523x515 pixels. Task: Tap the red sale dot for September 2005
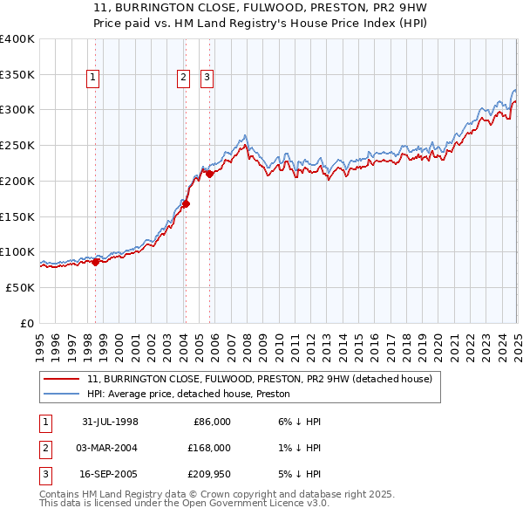pos(209,175)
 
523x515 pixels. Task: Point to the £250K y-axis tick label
pos(17,146)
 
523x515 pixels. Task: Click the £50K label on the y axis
pos(21,287)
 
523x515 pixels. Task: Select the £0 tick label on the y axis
pos(28,323)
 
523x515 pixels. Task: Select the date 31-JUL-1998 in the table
pos(110,422)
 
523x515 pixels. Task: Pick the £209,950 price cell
pos(206,475)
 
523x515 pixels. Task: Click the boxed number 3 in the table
pos(44,475)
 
